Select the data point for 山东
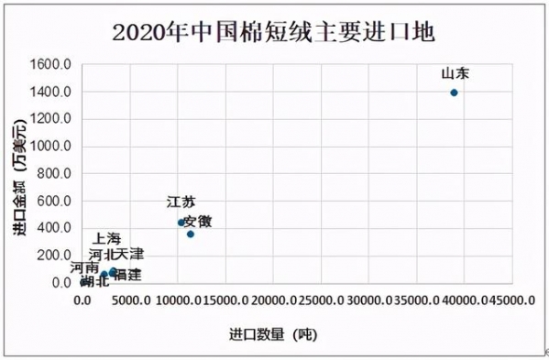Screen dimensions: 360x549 coord(455,93)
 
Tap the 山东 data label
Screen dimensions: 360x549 coord(456,73)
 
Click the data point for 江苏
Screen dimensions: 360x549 coord(181,222)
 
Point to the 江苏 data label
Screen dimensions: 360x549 coord(181,202)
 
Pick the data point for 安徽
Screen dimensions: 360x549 coord(191,234)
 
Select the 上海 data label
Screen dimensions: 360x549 coord(106,239)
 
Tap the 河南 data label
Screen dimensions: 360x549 coord(84,268)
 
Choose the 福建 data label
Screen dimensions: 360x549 coord(126,274)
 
